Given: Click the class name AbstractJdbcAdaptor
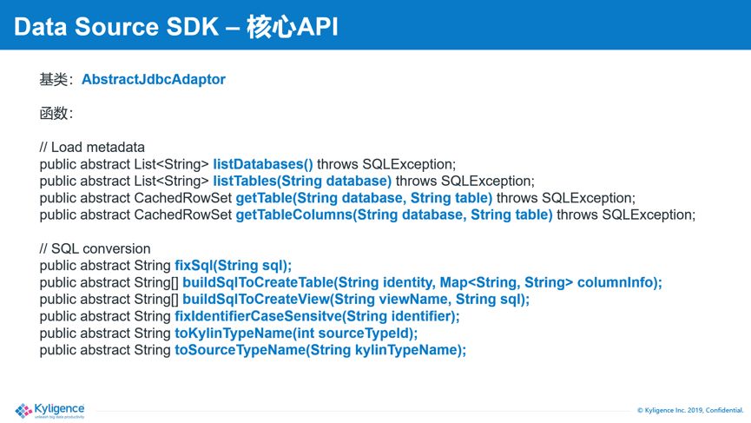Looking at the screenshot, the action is tap(154, 79).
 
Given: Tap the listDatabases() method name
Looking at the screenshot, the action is tap(263, 164).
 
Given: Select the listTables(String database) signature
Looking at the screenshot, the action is tap(302, 181).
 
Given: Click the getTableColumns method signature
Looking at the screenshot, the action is tap(393, 215).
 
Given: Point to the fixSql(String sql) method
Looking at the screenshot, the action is tap(234, 266).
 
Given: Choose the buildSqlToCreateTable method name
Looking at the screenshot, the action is tap(258, 282).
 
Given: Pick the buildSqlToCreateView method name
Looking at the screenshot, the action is tap(256, 300).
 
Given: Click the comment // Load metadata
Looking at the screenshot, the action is tap(92, 147).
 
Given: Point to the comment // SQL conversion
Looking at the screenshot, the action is tap(95, 248).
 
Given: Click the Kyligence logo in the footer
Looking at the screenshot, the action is tap(49, 411).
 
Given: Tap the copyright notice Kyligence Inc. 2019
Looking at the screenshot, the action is tap(690, 410).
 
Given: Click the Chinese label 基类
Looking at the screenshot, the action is tap(53, 79).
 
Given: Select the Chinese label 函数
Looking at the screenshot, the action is tap(53, 114).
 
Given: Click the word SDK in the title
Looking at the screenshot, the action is tap(192, 26).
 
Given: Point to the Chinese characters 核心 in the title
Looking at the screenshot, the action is tap(271, 27).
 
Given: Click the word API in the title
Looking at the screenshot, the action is tap(317, 26).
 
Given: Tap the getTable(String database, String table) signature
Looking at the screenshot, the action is tap(364, 198).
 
